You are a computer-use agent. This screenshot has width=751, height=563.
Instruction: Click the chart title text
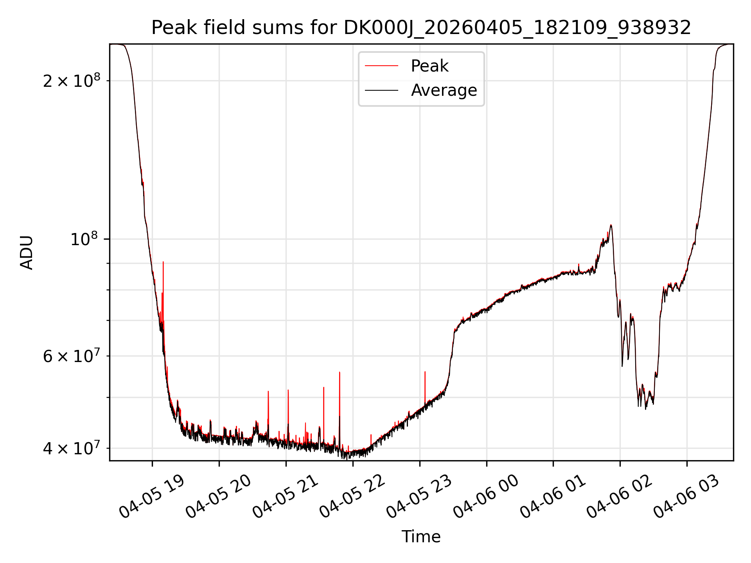(x=421, y=28)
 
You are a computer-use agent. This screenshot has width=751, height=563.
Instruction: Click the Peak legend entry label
(x=429, y=66)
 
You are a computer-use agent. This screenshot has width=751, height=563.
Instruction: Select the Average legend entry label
(x=444, y=90)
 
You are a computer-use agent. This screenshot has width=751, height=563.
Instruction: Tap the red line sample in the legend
(x=381, y=66)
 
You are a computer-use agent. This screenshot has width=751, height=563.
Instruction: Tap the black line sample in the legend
(x=381, y=90)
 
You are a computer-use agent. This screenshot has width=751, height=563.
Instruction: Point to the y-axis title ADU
(x=27, y=253)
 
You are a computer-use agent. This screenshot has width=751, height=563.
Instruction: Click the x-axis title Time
(x=421, y=537)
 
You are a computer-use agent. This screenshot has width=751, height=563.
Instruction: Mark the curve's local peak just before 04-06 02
(x=611, y=225)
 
